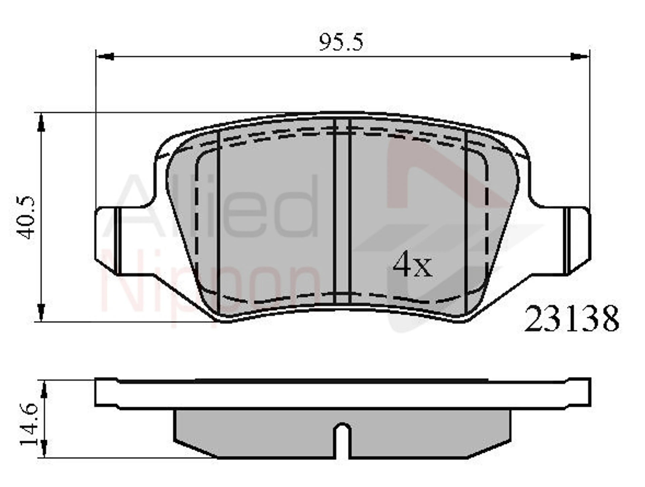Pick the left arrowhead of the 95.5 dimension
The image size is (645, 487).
click(x=105, y=57)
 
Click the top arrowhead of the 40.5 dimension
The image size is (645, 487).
click(x=42, y=123)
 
